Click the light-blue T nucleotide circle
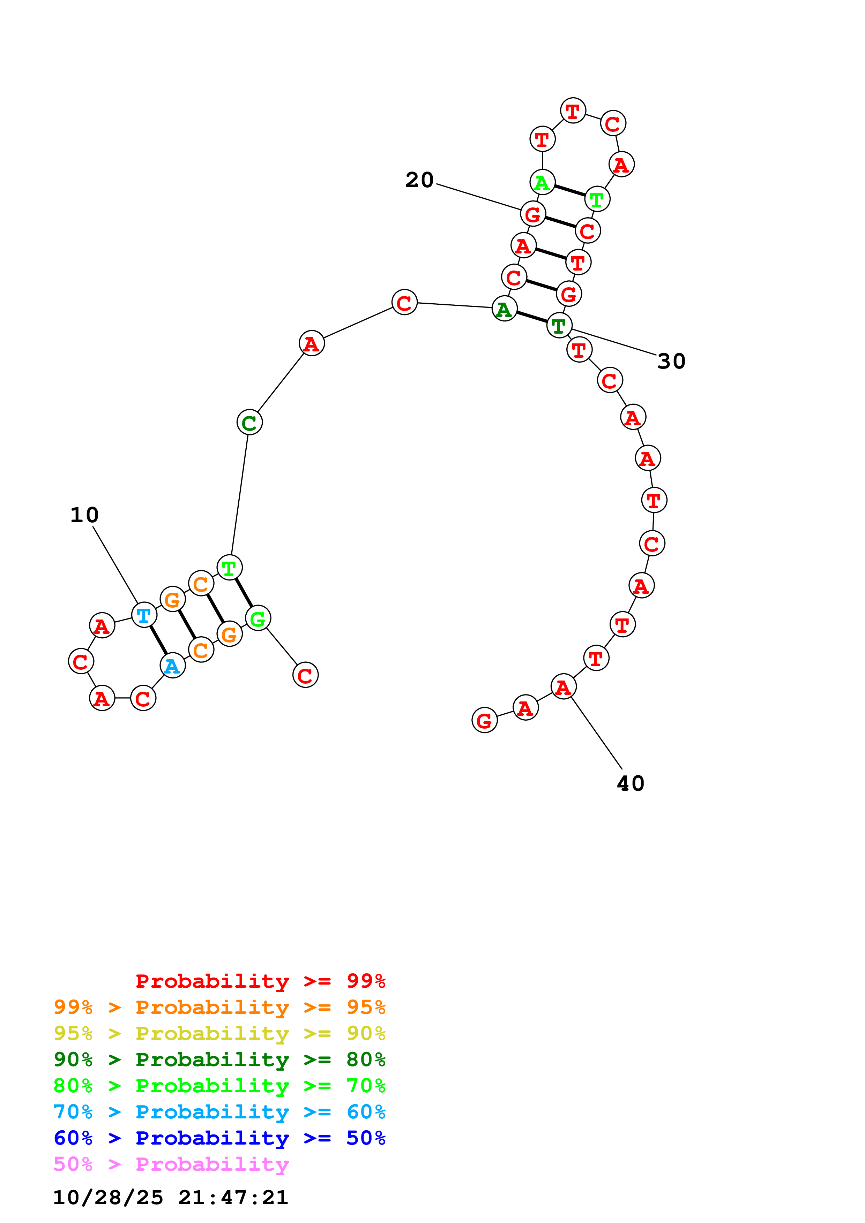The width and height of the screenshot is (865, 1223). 144,615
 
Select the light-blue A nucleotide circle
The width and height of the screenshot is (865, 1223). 172,665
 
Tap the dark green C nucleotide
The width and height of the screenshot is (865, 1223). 249,423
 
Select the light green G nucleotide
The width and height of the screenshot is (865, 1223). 258,618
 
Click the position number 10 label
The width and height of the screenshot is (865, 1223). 84,515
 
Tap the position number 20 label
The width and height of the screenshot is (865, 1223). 419,180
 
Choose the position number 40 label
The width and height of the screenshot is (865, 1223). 631,784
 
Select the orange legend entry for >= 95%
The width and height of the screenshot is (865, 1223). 219,1007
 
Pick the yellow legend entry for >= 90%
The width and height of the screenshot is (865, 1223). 219,1033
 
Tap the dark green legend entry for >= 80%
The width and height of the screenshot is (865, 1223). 219,1059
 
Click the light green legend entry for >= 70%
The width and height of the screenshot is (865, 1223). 219,1086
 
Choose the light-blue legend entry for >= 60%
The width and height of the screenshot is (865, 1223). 219,1112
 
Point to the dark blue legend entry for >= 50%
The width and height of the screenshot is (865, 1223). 219,1138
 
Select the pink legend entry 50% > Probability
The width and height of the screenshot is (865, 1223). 171,1164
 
